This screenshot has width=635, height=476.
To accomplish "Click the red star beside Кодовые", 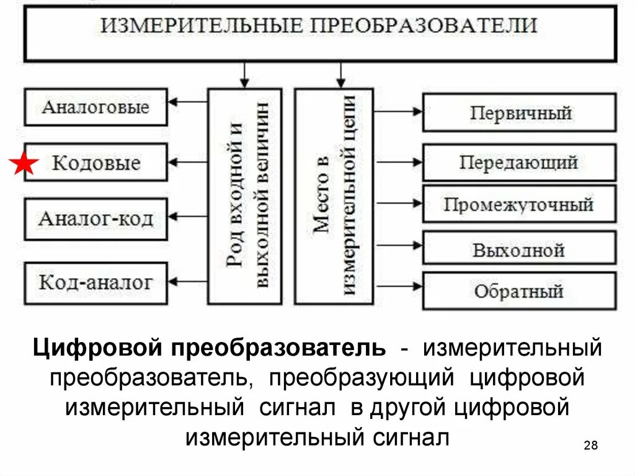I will [x=24, y=164].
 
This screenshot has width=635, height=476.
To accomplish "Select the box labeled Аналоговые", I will [x=95, y=107].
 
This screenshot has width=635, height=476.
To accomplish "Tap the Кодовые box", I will [x=95, y=163].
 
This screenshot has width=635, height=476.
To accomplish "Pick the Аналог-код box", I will [x=95, y=218].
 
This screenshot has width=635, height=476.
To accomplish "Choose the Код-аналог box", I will [x=95, y=283].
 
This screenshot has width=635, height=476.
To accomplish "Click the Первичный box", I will [x=520, y=113].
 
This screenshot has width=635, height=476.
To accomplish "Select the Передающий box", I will [x=520, y=163].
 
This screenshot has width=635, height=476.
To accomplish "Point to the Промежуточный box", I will [x=520, y=204].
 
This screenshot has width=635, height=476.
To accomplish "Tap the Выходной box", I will [x=520, y=249].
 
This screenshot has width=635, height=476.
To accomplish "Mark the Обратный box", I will [x=520, y=290].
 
